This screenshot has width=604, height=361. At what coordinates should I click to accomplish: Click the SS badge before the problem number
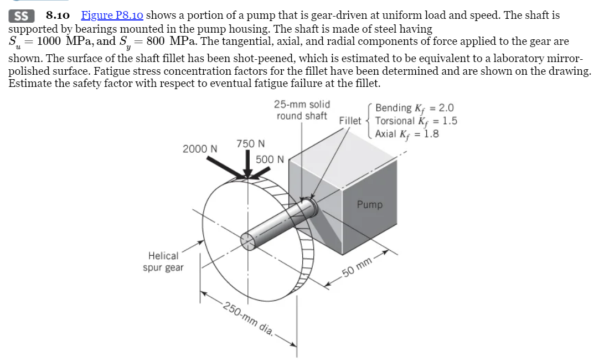(x=21, y=16)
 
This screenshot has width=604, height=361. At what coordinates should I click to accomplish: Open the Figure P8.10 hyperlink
(x=112, y=16)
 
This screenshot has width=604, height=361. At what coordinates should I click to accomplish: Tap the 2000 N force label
(x=200, y=149)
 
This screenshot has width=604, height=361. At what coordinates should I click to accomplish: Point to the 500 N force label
(x=270, y=159)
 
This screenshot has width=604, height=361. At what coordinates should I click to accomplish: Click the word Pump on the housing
(x=369, y=204)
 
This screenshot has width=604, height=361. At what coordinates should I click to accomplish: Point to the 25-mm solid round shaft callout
(x=302, y=110)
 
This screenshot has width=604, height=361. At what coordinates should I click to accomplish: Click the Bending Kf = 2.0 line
(x=414, y=108)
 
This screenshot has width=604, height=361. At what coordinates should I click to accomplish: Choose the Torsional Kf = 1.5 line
(x=416, y=121)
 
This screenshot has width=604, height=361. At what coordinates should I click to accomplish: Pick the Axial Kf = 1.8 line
(x=407, y=133)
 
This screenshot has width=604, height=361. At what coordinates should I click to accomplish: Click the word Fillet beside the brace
(x=350, y=121)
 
